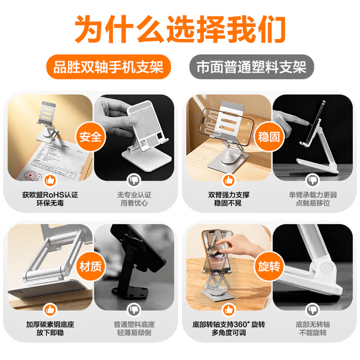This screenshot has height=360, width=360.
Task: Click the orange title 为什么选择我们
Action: (x=180, y=29)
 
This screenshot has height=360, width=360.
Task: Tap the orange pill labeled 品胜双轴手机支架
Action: (x=109, y=67)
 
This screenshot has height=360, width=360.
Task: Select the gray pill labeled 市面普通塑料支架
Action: (x=251, y=67)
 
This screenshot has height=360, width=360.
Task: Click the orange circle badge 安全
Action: (x=90, y=137)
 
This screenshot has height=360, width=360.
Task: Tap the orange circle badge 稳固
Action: (x=269, y=137)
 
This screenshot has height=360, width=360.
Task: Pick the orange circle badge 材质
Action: (x=90, y=267)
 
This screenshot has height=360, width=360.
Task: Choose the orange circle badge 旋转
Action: (x=269, y=267)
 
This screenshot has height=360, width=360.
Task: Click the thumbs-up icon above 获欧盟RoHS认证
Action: (x=50, y=180)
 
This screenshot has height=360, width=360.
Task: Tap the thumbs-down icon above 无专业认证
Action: (x=134, y=180)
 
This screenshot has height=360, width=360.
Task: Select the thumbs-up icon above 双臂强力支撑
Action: (x=229, y=180)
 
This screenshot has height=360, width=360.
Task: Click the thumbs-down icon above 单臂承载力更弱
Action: (x=313, y=180)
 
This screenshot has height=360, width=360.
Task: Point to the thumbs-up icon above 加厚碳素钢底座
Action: (x=50, y=310)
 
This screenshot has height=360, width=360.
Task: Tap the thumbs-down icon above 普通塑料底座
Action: (x=134, y=310)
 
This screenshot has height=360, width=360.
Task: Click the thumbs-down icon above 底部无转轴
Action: (x=313, y=310)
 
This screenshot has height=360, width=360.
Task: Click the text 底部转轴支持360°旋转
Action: (x=229, y=325)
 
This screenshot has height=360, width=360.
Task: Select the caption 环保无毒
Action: (x=50, y=203)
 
